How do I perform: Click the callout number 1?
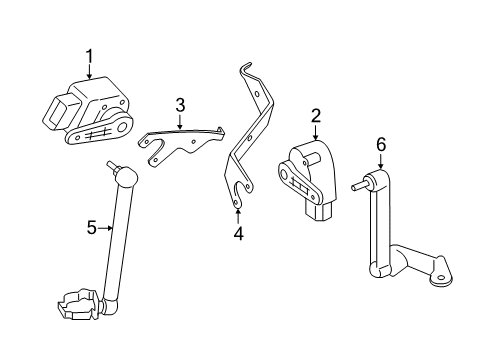coord(88,58)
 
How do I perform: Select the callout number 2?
coord(316,117)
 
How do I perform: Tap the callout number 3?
coord(180,104)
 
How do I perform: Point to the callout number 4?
coord(238,235)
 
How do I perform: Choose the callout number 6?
coord(381,145)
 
